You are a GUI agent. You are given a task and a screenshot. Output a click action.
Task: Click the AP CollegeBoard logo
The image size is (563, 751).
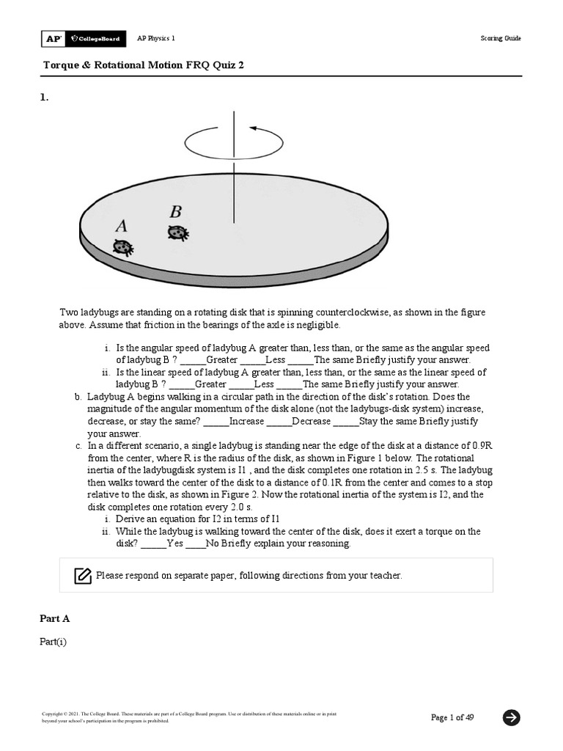(x=83, y=38)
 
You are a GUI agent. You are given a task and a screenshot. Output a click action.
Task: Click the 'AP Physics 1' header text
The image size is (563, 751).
(x=156, y=38)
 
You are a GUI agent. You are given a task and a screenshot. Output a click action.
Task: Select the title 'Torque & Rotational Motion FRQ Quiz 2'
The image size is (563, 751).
(x=144, y=65)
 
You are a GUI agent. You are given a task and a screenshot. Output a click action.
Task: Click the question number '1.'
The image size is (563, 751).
(x=44, y=97)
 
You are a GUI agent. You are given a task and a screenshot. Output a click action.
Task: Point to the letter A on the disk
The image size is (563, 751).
(x=121, y=226)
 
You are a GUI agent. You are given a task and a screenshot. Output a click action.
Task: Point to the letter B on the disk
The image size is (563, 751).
(x=175, y=213)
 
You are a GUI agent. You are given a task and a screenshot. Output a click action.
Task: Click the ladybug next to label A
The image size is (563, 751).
(x=123, y=248)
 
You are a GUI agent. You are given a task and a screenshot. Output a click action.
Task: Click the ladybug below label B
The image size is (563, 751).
(x=177, y=233)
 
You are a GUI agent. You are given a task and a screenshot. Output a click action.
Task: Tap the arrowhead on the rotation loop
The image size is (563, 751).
(x=254, y=129)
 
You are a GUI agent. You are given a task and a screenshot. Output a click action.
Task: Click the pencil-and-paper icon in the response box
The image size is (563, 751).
(x=83, y=576)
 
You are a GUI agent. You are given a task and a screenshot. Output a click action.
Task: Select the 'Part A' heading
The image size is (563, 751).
(x=55, y=618)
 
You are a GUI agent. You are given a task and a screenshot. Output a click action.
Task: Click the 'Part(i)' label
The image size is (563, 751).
(x=53, y=642)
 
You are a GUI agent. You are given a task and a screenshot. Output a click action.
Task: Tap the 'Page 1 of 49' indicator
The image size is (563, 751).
(x=452, y=717)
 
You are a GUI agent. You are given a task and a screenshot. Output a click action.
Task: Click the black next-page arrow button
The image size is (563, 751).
(x=512, y=717)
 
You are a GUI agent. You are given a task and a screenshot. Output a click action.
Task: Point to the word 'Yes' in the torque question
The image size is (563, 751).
(x=175, y=544)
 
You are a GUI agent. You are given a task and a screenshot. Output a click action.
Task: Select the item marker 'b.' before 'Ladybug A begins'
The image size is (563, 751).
(x=78, y=396)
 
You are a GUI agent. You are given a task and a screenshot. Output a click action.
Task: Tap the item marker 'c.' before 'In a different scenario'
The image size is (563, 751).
(x=78, y=445)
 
